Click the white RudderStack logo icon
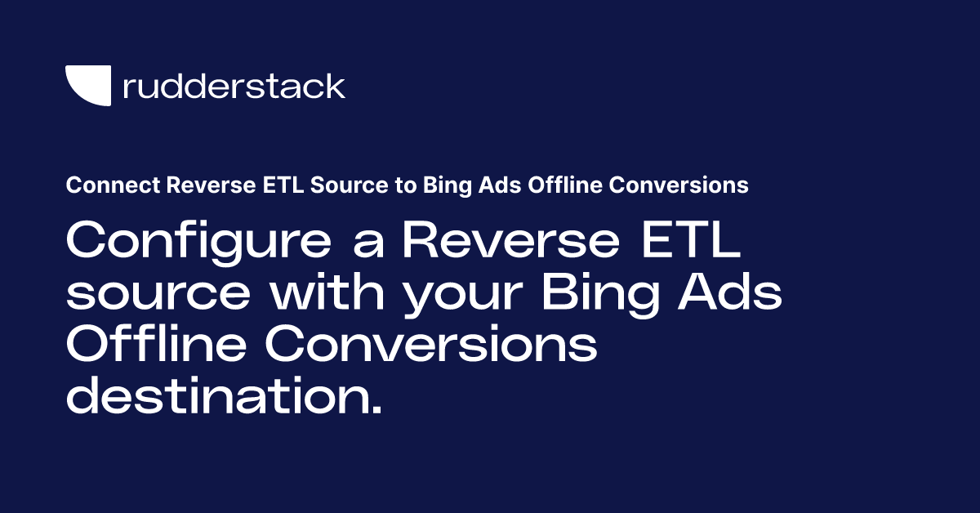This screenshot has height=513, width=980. coord(87,86)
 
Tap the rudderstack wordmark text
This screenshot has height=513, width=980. coord(234,86)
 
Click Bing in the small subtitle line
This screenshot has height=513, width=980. coord(445,186)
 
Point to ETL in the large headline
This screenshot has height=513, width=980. coord(693,242)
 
